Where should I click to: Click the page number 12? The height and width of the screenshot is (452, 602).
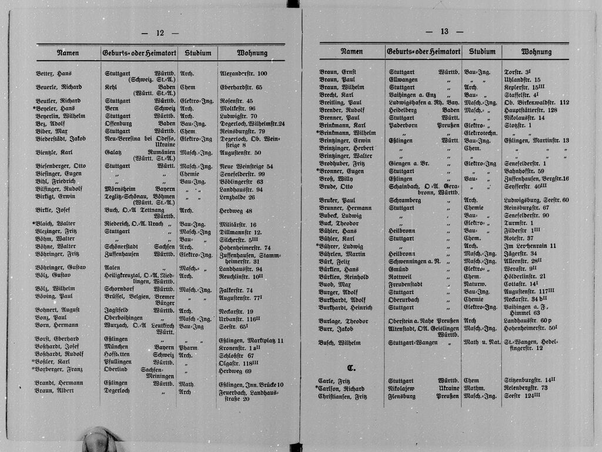point(159,33)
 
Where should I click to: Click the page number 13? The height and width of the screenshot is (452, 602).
point(444,32)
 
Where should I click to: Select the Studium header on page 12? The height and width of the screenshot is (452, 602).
point(198,53)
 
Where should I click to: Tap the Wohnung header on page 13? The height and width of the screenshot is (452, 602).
point(536,52)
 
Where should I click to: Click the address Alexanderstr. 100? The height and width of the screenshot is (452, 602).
point(243,74)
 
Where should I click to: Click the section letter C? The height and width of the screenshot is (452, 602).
point(351,369)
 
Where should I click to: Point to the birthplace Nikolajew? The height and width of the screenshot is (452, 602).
point(406,388)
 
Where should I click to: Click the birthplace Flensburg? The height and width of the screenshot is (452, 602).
point(403,397)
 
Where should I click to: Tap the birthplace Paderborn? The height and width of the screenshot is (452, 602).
point(404,125)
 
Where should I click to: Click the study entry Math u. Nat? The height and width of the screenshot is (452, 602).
point(482,343)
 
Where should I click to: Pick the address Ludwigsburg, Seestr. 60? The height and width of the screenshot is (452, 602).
point(536,200)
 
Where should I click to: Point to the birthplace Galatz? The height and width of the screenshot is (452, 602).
point(114,152)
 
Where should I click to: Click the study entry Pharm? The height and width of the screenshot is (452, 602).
point(187,348)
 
